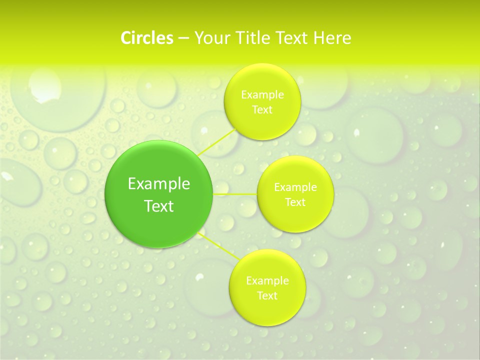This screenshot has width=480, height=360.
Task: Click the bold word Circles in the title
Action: pyautogui.click(x=147, y=38)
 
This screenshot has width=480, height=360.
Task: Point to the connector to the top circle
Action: pyautogui.click(x=217, y=141)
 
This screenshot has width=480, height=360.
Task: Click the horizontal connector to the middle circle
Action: pyautogui.click(x=235, y=193)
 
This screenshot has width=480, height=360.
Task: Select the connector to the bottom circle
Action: pyautogui.click(x=217, y=245)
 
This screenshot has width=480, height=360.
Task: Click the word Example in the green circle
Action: pyautogui.click(x=159, y=184)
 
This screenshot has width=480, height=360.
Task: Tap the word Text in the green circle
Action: pyautogui.click(x=159, y=206)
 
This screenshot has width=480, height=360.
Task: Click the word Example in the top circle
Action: pyautogui.click(x=262, y=95)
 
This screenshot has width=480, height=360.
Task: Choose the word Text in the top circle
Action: pyautogui.click(x=262, y=110)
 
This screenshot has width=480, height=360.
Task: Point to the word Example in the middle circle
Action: pyautogui.click(x=295, y=187)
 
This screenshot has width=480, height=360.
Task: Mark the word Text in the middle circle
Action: pyautogui.click(x=295, y=202)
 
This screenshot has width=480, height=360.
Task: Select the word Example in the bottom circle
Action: pyautogui.click(x=267, y=281)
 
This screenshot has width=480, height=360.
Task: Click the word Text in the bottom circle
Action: pyautogui.click(x=267, y=296)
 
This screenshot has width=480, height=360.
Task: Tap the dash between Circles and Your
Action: pyautogui.click(x=183, y=38)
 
